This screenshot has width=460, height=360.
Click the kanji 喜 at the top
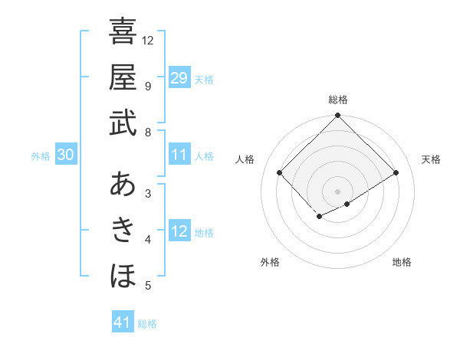pos(123,32)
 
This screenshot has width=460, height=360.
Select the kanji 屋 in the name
pos(123,77)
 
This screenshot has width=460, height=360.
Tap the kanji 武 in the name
pos(123,123)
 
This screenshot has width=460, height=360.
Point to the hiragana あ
pos(123,185)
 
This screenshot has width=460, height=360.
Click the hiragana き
pos(123,230)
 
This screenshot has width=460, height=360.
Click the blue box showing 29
pos(179,77)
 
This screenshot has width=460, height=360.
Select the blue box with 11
pos(179,155)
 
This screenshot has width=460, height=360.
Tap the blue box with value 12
pos(179,231)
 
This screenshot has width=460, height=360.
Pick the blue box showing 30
pos(65,155)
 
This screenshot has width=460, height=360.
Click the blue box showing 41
pos(123,322)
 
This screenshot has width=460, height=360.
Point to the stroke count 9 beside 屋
pos(148,86)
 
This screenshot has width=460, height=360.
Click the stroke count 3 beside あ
pos(148,193)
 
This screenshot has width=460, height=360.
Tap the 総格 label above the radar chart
pos(337,100)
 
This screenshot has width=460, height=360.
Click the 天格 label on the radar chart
pos(431,159)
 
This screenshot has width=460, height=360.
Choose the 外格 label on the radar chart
pos(270,262)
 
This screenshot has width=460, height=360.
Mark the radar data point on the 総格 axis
pos(337,116)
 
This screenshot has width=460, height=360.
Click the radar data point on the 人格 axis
pos(280,173)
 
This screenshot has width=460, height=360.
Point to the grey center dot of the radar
pos(337,191)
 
